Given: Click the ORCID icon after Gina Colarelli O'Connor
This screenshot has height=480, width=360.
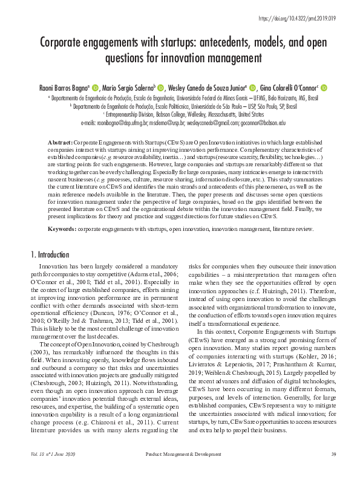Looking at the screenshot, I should [x=324, y=87].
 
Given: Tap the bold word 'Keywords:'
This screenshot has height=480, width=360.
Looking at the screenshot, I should [x=63, y=230].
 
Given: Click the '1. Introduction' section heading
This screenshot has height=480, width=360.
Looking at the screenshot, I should [x=50, y=255].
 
